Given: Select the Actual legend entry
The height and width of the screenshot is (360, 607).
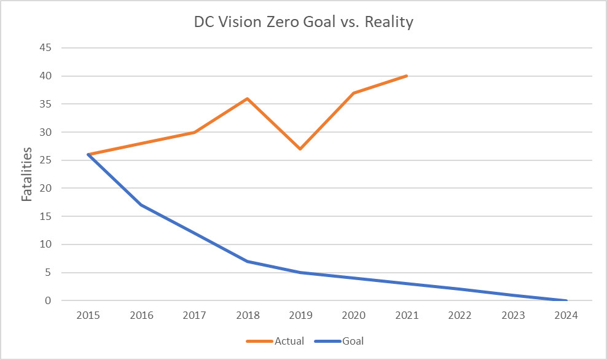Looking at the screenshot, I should tap(276, 340).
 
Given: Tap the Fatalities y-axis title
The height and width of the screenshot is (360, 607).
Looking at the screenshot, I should tap(28, 173).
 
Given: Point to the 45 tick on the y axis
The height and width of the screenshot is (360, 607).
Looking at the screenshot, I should tap(45, 48).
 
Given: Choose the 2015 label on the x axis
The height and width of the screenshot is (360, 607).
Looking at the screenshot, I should tap(88, 316).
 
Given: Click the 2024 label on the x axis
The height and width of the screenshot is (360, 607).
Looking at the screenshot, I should tap(566, 316).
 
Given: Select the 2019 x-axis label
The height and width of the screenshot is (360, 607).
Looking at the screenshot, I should tap(300, 316).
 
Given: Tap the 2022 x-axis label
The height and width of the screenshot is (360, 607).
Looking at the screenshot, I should tap(460, 316).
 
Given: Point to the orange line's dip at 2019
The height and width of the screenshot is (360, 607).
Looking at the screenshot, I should tap(300, 149).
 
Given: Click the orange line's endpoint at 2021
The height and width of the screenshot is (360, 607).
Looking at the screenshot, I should tap(407, 76).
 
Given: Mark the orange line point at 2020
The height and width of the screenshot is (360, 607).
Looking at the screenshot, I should tap(354, 93).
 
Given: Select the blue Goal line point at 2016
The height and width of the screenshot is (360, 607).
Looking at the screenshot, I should tap(141, 205).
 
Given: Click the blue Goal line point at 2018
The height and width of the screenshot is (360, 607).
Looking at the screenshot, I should tap(248, 261).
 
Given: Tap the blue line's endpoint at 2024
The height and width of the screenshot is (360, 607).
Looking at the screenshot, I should tap(566, 300).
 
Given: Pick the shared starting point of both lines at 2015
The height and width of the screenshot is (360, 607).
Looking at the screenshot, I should tap(88, 154).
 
